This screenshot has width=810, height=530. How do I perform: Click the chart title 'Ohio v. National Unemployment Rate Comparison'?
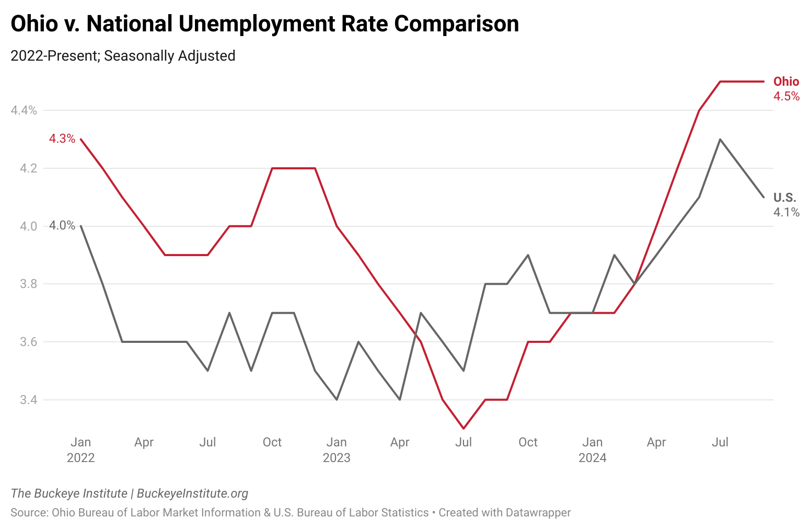[264, 24]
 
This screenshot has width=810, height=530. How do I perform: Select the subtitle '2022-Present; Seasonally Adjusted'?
[123, 56]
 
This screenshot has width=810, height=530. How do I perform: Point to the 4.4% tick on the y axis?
[24, 110]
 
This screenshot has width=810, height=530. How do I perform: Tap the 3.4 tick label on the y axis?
[29, 400]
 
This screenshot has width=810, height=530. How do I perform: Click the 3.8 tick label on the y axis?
[29, 284]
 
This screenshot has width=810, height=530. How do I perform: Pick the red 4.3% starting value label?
[62, 139]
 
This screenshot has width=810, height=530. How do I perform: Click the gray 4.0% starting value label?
[62, 226]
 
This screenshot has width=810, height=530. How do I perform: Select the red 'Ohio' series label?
[786, 82]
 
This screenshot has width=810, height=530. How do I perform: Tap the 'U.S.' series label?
[784, 198]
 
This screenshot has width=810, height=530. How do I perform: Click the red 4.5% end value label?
[786, 96]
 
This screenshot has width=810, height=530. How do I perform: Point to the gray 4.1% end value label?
[786, 212]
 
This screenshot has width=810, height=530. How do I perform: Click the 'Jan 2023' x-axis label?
[337, 450]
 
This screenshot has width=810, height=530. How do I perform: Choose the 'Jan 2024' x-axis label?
[592, 450]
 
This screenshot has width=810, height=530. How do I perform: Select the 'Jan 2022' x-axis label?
[81, 450]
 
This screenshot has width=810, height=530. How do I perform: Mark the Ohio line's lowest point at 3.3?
[464, 429]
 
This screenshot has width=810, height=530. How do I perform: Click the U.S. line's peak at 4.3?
[720, 139]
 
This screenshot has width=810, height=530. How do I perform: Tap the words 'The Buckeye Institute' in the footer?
[69, 493]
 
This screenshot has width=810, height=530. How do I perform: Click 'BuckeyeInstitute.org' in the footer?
[192, 493]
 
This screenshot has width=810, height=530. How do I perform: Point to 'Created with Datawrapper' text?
[504, 513]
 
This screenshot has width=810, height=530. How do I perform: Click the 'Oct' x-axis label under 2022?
[272, 442]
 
